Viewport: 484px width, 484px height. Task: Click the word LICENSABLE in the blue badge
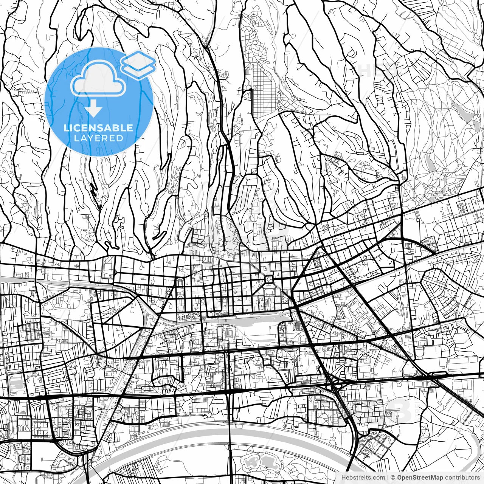coord(98,128)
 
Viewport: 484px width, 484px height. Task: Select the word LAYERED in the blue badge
coord(98,138)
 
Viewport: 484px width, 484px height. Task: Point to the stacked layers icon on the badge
coord(138,64)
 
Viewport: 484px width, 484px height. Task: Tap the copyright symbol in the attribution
coord(393,478)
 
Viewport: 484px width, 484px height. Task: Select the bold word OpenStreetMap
coord(419,478)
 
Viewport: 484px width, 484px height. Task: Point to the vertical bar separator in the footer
coord(388,478)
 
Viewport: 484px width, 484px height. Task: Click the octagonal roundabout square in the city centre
coord(269,279)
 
